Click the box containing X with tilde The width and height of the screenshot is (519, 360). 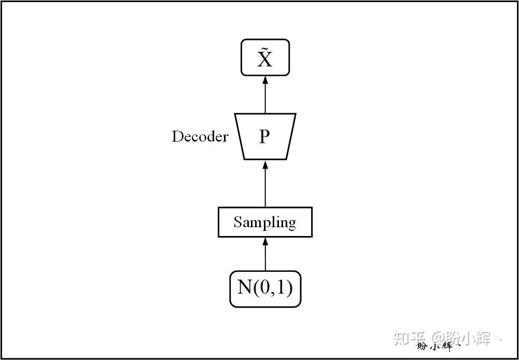265,58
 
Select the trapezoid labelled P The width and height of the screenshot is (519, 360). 265,136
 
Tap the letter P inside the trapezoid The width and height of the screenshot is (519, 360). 264,136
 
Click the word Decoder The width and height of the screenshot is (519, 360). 200,136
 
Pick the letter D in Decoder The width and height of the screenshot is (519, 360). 177,136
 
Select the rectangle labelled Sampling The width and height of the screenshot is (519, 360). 265,222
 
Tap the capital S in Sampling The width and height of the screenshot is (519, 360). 237,222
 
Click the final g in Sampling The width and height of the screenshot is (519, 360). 291,224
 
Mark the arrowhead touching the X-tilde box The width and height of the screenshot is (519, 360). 265,80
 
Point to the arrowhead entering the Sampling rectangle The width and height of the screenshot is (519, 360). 265,241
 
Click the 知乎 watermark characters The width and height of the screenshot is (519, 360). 410,339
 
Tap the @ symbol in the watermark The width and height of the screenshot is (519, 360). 433,339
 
